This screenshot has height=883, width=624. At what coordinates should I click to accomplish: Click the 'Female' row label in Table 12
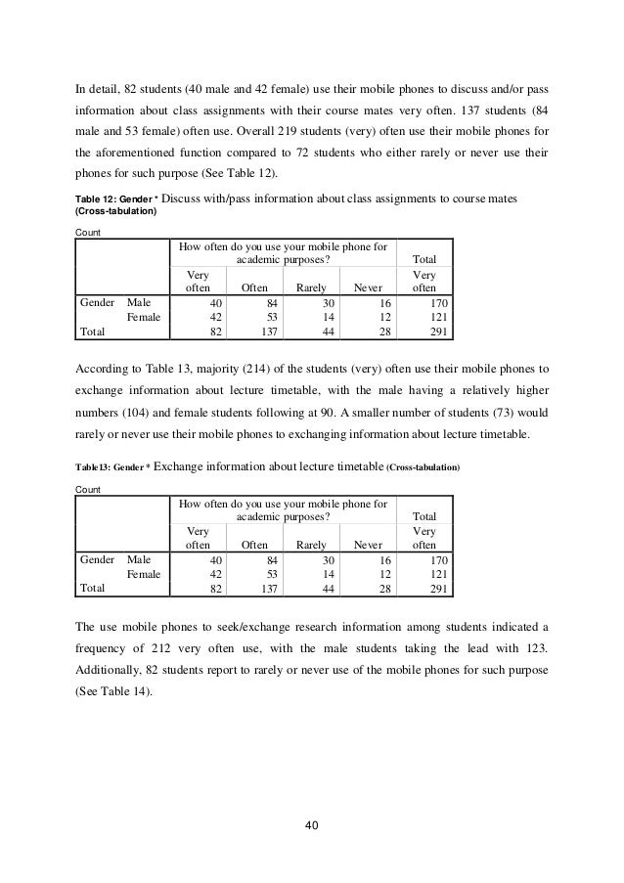144,318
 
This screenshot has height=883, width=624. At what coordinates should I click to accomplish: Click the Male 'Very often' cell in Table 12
200,303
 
